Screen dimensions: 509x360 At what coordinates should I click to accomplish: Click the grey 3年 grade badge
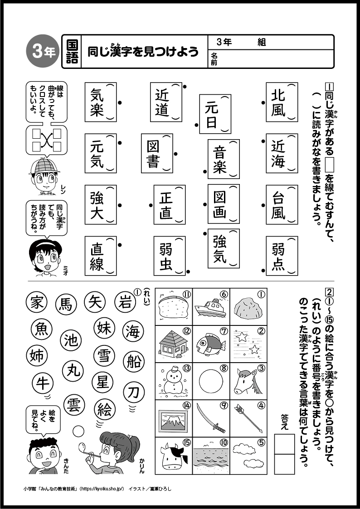(x=44, y=52)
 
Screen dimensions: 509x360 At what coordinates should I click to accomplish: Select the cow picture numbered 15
(x=174, y=455)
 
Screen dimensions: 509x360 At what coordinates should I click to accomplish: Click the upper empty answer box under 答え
(x=284, y=443)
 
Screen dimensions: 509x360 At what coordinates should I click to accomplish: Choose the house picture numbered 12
(x=174, y=344)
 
